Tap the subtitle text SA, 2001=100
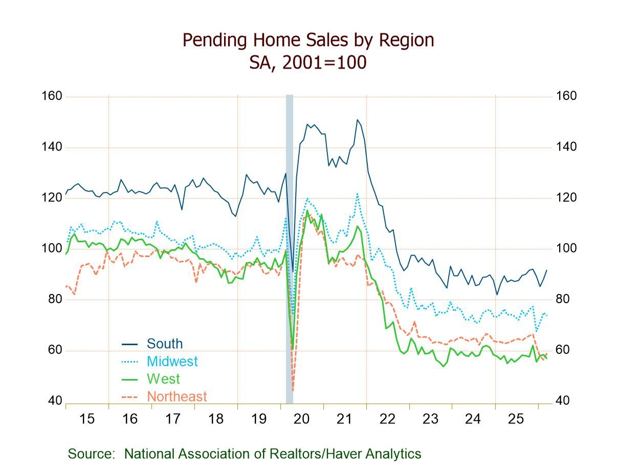click(x=308, y=62)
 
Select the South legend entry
click(x=164, y=344)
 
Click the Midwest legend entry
click(x=172, y=361)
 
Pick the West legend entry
click(x=163, y=379)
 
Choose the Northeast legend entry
click(x=176, y=396)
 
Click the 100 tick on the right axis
click(x=566, y=248)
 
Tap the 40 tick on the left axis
click(x=55, y=401)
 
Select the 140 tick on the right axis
click(x=566, y=147)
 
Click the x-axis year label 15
click(x=87, y=419)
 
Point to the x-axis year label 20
click(x=301, y=419)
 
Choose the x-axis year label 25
click(x=516, y=419)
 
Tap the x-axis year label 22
click(x=387, y=419)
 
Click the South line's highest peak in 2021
click(x=357, y=120)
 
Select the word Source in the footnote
click(x=90, y=454)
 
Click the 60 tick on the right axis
click(x=563, y=350)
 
